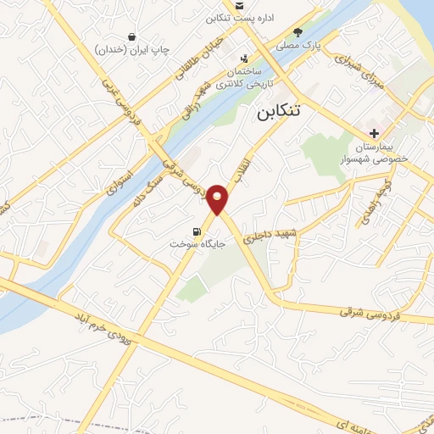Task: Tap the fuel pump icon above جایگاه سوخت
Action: [x=198, y=231]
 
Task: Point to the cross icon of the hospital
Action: [x=374, y=133]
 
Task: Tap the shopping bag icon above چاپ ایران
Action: [x=132, y=36]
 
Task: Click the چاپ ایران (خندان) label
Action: [x=127, y=50]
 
